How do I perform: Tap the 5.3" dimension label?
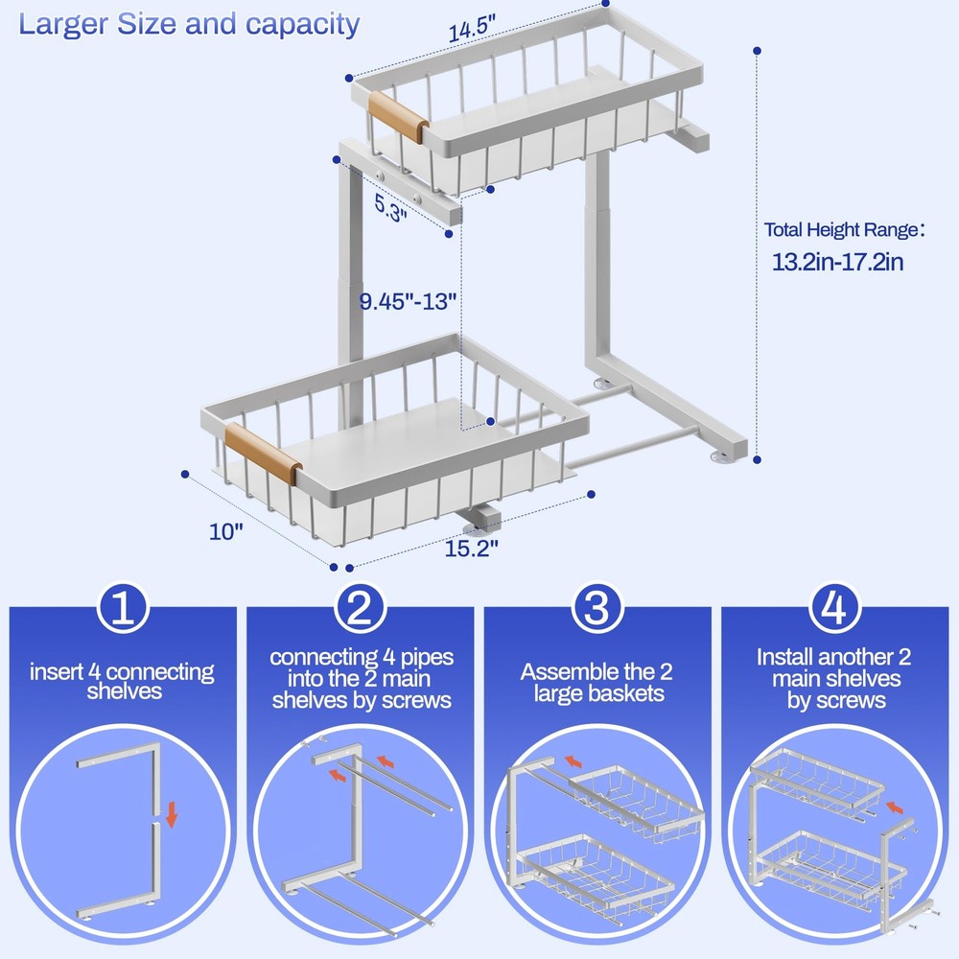click(390, 204)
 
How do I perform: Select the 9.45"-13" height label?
click(409, 299)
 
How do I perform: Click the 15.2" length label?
click(471, 550)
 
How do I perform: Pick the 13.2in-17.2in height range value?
click(838, 261)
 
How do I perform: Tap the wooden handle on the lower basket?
click(261, 455)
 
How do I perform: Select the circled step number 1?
click(123, 610)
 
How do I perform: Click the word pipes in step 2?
click(423, 658)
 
